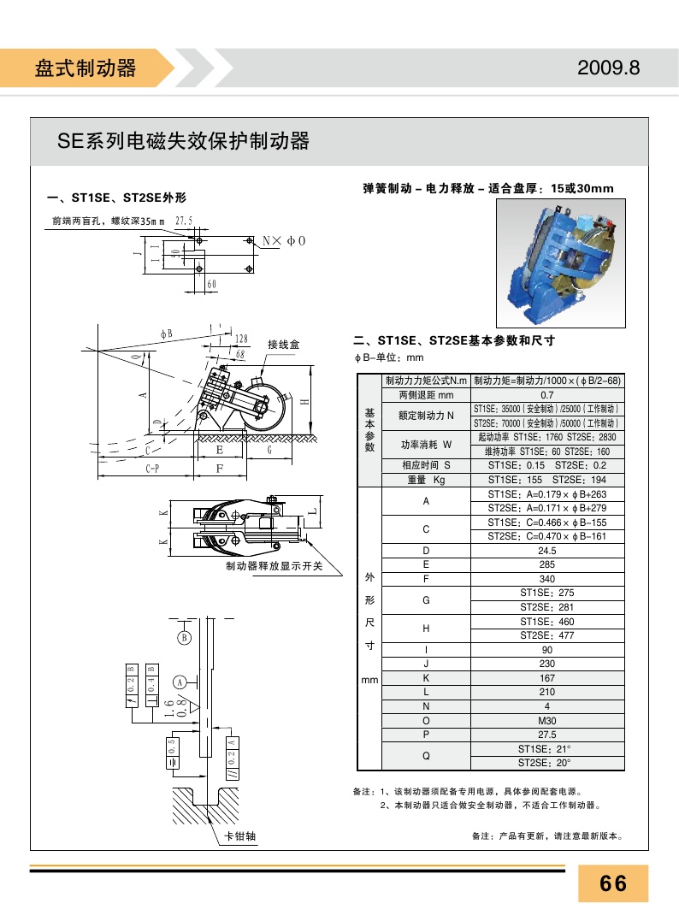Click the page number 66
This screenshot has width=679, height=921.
[613, 883]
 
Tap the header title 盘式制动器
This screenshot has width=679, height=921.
[86, 68]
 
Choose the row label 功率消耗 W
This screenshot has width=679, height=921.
[426, 445]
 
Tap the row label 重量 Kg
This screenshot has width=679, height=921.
[426, 481]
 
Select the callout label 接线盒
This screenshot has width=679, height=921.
[283, 345]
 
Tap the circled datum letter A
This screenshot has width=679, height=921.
[180, 682]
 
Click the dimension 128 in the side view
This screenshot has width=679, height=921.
[242, 340]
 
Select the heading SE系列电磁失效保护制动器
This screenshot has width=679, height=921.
[183, 141]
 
